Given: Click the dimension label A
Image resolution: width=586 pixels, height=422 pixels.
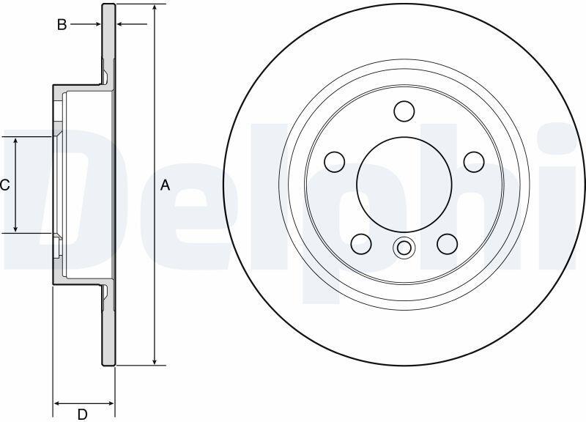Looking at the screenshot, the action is [x=165, y=185].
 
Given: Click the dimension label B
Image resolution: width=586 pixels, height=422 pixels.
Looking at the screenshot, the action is [x=62, y=25].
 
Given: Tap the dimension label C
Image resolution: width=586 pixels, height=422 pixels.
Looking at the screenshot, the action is [x=4, y=185].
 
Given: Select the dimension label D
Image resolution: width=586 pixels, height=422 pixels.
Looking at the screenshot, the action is [x=82, y=414].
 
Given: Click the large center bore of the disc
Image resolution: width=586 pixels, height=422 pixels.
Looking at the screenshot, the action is [x=404, y=184].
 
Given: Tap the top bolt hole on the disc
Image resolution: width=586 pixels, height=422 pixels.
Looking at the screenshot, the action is [x=404, y=111].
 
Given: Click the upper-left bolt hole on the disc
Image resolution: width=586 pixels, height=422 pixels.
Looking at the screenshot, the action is [x=335, y=162].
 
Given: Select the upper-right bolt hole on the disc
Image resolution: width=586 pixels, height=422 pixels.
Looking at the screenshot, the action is [x=474, y=162].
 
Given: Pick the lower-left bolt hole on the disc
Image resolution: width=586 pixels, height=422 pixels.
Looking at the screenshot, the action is [x=361, y=244].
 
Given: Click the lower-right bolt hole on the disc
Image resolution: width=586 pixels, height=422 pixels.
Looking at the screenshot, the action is [x=448, y=244].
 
